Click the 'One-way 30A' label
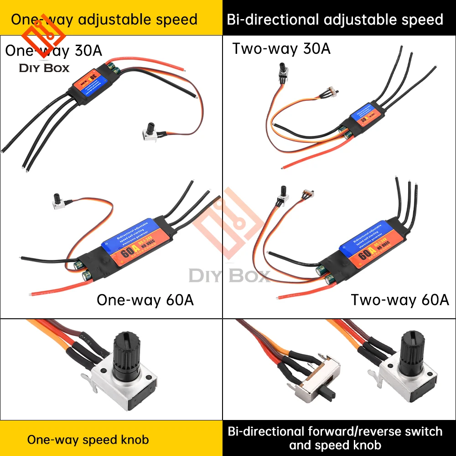coord(54,51)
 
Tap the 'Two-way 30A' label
coord(281,48)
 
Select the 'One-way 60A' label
coord(145,300)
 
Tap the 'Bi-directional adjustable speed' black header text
coord(335,20)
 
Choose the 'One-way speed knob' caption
coord(88,440)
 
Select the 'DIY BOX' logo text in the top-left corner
coord(44,68)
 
